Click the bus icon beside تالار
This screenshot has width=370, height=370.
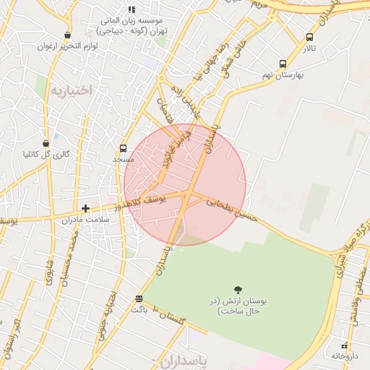310,37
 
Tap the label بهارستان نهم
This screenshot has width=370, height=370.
283,74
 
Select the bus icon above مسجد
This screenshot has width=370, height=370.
122,147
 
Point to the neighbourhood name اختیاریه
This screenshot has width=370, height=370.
72,90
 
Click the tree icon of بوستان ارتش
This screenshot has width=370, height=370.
238,290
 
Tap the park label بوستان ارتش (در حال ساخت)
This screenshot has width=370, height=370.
238,306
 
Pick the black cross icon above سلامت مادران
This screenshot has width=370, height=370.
85,208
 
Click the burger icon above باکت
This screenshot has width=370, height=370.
139,298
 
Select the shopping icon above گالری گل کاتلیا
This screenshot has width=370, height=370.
47,143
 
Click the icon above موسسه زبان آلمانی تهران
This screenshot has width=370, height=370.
131,9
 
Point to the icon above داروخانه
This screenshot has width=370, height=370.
344,345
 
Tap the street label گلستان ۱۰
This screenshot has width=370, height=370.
172,317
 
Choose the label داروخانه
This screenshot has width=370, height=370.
345,356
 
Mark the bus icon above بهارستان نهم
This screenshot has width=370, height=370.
283,64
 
